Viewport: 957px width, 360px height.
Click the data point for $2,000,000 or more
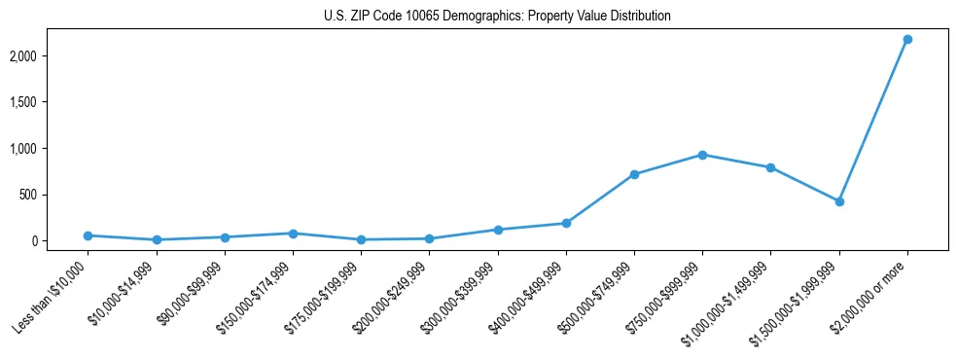906,39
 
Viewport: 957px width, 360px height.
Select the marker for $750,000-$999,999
702,155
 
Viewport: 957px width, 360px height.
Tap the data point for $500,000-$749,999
634,174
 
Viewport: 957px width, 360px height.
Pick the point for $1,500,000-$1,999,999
838,201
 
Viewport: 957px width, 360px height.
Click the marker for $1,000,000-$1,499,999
770,167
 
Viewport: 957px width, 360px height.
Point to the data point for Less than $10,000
89,235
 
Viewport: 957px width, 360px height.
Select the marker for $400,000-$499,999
566,223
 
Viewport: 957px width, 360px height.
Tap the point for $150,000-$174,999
293,234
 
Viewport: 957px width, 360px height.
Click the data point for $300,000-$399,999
498,230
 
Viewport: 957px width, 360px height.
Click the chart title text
497,16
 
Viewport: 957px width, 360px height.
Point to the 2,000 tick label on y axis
50,56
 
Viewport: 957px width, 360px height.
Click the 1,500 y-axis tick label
50,102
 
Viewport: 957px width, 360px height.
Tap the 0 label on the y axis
60,240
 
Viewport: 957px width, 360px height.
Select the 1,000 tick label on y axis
50,149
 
